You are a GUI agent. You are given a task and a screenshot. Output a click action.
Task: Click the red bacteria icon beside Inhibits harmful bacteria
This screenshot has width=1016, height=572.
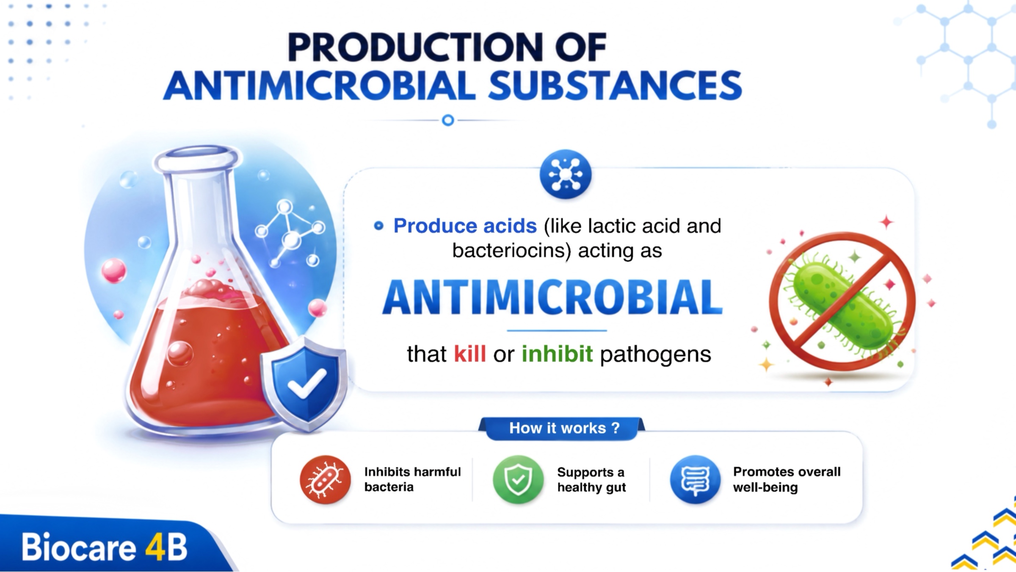[x=325, y=480]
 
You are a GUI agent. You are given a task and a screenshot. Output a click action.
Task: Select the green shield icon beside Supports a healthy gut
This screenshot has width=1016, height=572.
[x=518, y=480]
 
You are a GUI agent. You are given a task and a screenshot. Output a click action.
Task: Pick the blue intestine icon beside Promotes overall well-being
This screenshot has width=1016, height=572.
[x=695, y=480]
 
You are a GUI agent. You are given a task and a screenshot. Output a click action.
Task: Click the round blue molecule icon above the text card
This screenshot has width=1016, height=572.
[x=566, y=174]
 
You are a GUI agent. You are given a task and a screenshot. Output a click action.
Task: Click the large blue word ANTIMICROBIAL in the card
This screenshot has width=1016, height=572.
[x=552, y=298]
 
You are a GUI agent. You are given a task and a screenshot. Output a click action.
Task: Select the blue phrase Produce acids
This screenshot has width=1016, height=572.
[x=465, y=226]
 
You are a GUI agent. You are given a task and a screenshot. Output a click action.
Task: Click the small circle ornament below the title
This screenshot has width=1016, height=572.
[x=448, y=120]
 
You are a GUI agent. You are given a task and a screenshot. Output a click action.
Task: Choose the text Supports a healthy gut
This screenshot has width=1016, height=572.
[x=591, y=480]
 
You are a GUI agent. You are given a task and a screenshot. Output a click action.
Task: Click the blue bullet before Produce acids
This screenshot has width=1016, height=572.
[x=379, y=226]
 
